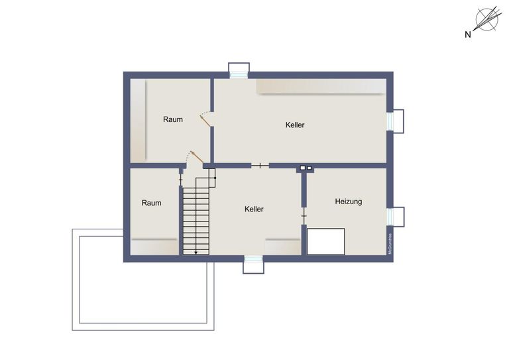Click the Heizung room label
349,202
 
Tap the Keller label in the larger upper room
295,125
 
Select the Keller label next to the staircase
254,209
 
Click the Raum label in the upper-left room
173,119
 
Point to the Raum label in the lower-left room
152,203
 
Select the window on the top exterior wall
239,70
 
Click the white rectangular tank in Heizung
325,241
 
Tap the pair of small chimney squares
306,168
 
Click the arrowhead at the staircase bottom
196,252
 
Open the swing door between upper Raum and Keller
206,119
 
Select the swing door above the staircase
194,158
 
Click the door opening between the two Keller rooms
260,165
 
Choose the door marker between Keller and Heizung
304,215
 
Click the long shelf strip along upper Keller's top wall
321,87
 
